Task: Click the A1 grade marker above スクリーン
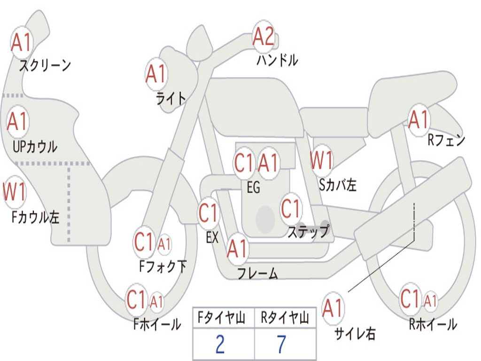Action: pyautogui.click(x=21, y=43)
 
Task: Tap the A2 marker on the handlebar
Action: pyautogui.click(x=264, y=37)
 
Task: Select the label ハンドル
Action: pyautogui.click(x=277, y=60)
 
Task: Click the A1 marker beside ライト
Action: pyautogui.click(x=156, y=74)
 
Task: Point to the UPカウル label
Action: pyautogui.click(x=35, y=146)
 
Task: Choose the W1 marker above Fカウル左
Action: pyautogui.click(x=15, y=192)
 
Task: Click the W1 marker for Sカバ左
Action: pyautogui.click(x=322, y=160)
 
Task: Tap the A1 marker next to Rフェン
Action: pyautogui.click(x=419, y=119)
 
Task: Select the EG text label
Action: pyautogui.click(x=253, y=188)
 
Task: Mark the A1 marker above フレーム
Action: pyautogui.click(x=237, y=249)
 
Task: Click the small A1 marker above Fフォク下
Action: pyautogui.click(x=164, y=244)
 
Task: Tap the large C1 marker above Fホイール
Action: pyautogui.click(x=137, y=299)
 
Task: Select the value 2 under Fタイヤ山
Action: pyautogui.click(x=220, y=344)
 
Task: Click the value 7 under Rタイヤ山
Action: pyautogui.click(x=281, y=344)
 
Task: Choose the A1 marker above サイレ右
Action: pyautogui.click(x=333, y=308)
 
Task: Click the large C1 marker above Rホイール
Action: pyautogui.click(x=410, y=298)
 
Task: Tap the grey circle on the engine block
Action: pyautogui.click(x=265, y=219)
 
